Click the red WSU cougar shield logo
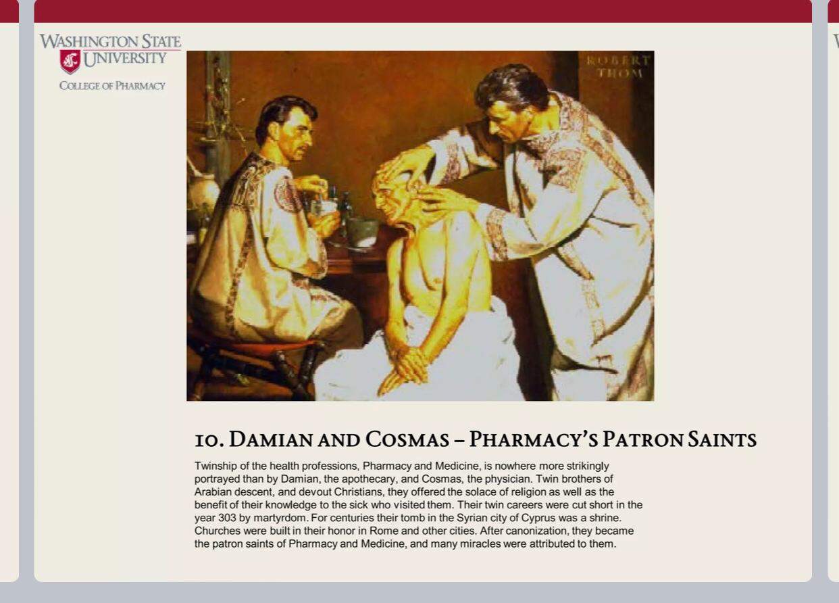click(x=70, y=62)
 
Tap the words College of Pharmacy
click(x=112, y=86)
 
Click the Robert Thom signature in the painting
click(x=618, y=67)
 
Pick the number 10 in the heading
click(x=209, y=441)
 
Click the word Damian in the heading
click(x=271, y=439)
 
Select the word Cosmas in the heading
click(x=407, y=439)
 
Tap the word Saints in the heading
click(x=722, y=439)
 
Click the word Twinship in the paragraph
click(x=214, y=466)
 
